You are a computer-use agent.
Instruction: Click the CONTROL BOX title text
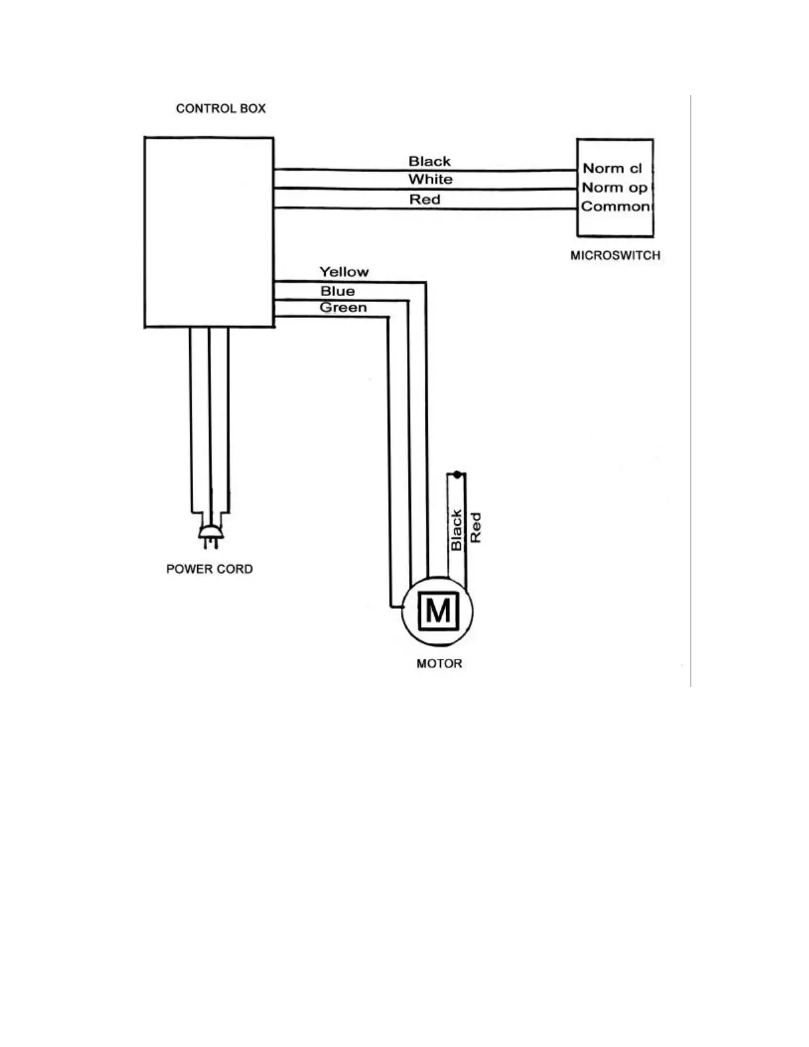[221, 108]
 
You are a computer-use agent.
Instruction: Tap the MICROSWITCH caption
[615, 255]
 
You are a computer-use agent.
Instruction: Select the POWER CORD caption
[210, 569]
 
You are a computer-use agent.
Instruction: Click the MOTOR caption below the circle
[439, 664]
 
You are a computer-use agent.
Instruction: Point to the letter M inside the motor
[438, 611]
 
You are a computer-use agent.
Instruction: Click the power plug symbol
[210, 535]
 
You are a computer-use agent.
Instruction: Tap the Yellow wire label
[344, 272]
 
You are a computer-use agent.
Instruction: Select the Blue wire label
[337, 291]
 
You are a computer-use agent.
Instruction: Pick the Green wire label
[343, 307]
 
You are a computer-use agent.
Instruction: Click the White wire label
[430, 179]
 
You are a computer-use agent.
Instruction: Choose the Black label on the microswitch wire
[430, 161]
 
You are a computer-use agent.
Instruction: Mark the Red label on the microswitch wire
[424, 200]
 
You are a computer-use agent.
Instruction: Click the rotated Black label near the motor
[456, 530]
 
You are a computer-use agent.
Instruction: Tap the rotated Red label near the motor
[475, 528]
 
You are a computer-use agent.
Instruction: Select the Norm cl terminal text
[612, 169]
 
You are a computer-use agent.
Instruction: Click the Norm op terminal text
[614, 188]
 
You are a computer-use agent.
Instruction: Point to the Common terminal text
[615, 206]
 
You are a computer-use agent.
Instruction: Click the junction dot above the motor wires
[457, 475]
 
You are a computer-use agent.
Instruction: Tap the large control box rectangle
[209, 231]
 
